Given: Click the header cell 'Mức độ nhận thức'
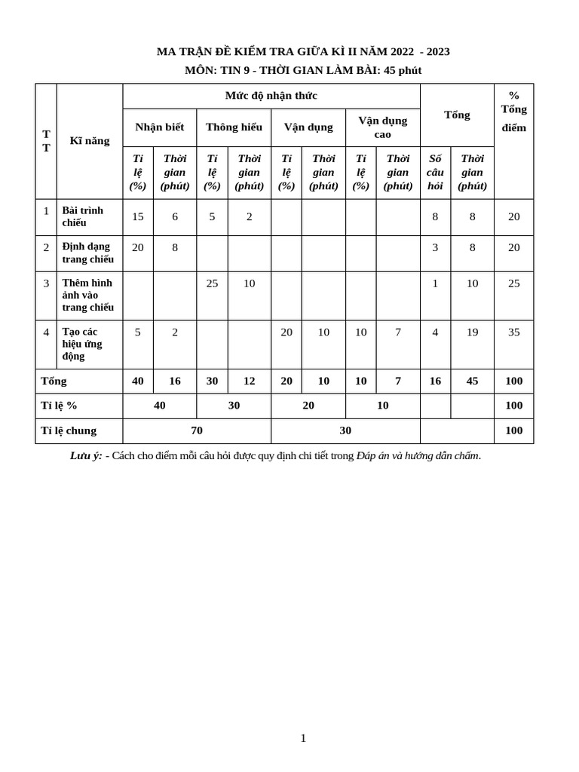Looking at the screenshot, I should (x=271, y=96).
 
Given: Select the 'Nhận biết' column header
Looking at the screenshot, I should (x=159, y=127).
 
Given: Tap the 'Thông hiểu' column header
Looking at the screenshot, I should (x=234, y=127).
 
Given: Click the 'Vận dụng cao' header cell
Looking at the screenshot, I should (x=382, y=127).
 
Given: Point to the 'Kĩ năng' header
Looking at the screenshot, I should (x=90, y=140).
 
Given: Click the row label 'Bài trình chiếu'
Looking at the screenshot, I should (x=83, y=216).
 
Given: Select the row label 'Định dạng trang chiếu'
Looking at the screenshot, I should (x=87, y=253).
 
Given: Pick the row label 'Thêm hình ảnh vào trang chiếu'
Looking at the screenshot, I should (x=87, y=295).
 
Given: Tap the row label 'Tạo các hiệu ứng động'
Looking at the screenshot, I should (x=82, y=344).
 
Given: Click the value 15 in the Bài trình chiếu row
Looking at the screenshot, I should (x=137, y=216).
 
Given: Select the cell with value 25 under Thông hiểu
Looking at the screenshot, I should (x=212, y=283).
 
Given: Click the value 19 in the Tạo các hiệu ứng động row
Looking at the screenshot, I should (x=472, y=332).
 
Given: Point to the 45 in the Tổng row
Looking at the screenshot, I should (x=472, y=381).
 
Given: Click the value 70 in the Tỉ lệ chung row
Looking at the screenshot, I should (x=196, y=430).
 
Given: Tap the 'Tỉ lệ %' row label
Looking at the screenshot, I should (x=59, y=406).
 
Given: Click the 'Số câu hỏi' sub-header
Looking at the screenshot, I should (x=435, y=172).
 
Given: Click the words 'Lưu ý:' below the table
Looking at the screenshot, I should (x=86, y=455).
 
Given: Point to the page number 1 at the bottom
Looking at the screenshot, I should (x=303, y=738).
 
